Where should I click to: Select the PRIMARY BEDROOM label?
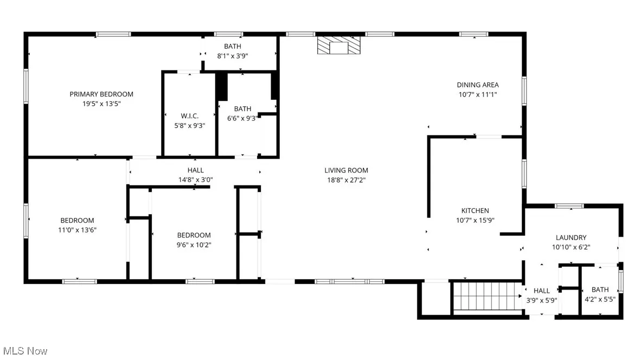coord(101,94)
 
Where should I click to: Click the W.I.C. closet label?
coord(190,116)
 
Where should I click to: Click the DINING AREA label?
coord(477,85)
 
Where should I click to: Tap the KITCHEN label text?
coord(475,211)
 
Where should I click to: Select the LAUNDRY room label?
coord(571,237)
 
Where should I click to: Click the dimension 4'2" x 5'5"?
coord(600,299)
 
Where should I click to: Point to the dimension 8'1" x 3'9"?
coord(233,56)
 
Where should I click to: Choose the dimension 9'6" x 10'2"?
coord(194,245)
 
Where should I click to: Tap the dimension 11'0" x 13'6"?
coord(77,230)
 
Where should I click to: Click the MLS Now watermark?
coord(24,351)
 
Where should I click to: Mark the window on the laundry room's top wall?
coord(569,206)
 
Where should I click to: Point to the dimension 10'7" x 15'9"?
coord(475,220)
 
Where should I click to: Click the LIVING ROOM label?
coord(347,170)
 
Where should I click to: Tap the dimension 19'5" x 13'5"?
coord(101,104)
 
